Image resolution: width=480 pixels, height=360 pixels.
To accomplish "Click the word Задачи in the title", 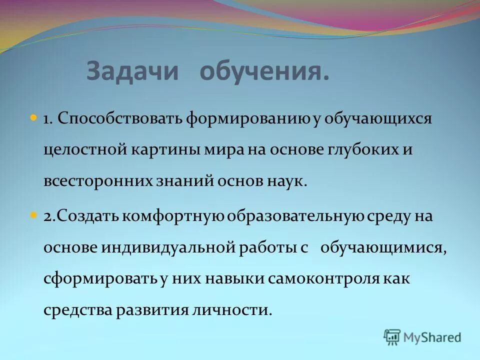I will click(132, 72).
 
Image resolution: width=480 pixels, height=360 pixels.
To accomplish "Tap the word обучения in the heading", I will click(264, 72).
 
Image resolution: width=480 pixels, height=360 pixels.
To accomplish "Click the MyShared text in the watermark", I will click(432, 337).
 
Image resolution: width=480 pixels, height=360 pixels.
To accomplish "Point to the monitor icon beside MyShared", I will click(392, 337).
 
